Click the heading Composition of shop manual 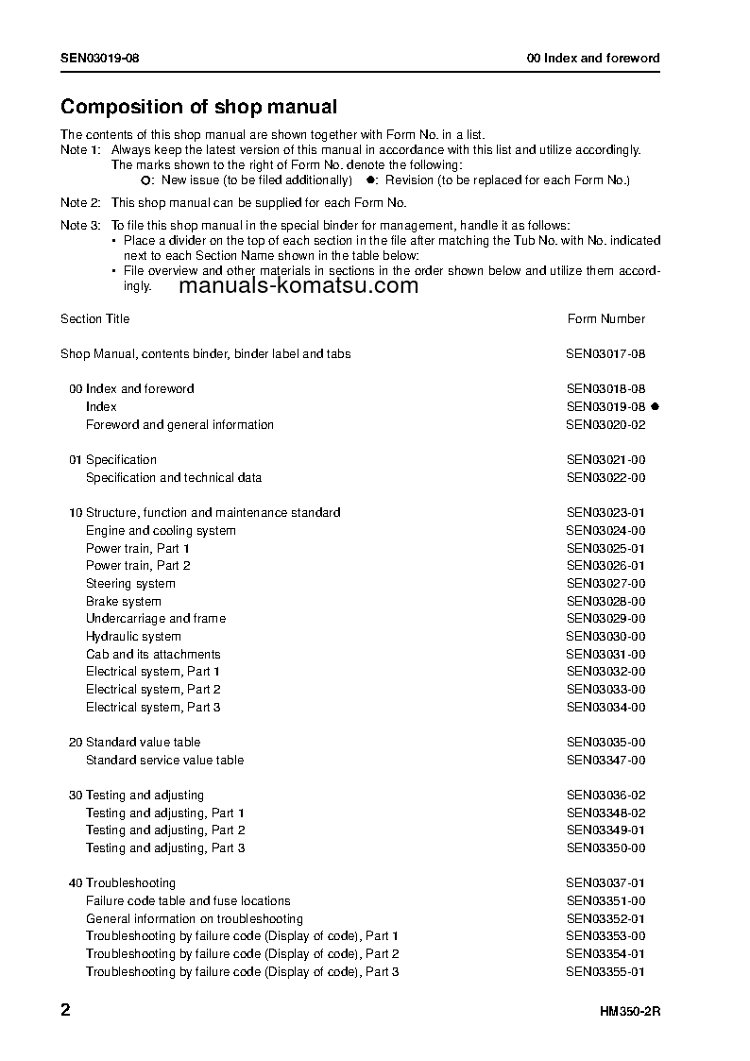(x=198, y=108)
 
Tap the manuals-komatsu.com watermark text (x=298, y=286)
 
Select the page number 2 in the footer (x=65, y=1010)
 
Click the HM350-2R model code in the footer (x=629, y=1012)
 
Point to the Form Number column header (x=606, y=319)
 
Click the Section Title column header (x=95, y=319)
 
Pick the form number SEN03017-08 (x=605, y=354)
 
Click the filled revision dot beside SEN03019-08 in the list (x=655, y=406)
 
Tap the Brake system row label (x=124, y=601)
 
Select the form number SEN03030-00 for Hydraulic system (x=605, y=637)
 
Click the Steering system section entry (x=130, y=584)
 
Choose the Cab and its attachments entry (x=153, y=654)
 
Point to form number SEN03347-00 (x=605, y=760)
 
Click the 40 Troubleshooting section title (x=122, y=882)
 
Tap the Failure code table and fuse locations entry (x=188, y=900)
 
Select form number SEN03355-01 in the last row (x=605, y=971)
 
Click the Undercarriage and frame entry (x=156, y=619)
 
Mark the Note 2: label (x=80, y=203)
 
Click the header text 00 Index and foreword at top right (x=593, y=59)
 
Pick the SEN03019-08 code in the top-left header (x=100, y=59)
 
